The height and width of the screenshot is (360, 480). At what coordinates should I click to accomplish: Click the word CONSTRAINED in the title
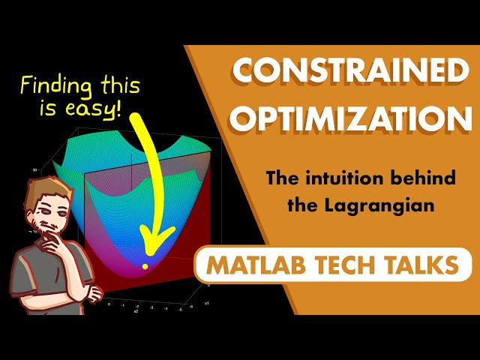[349, 72]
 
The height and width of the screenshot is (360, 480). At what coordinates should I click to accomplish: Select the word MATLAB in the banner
[251, 265]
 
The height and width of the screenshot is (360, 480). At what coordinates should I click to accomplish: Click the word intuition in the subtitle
[332, 180]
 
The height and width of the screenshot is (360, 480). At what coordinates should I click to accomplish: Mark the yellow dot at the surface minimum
[145, 266]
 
